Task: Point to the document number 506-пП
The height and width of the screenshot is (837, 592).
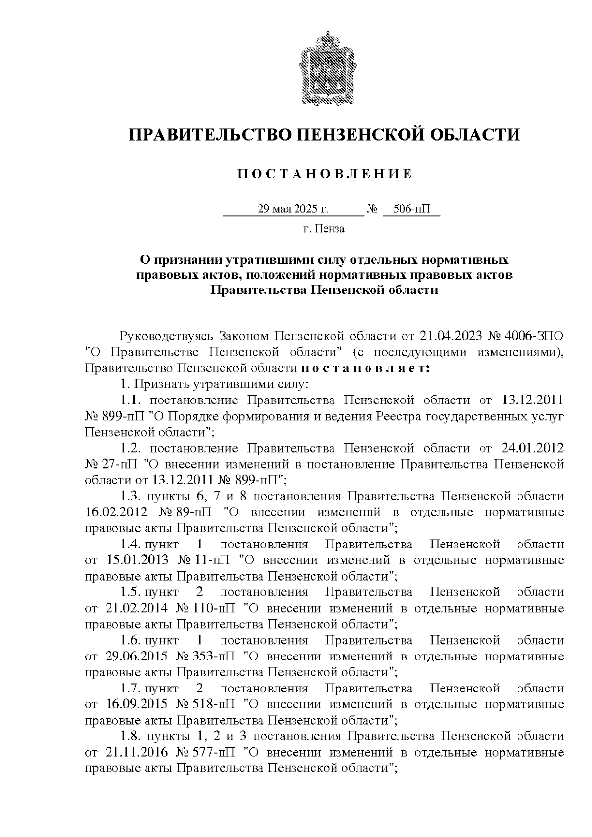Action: [411, 209]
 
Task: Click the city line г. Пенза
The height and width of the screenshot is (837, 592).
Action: [324, 229]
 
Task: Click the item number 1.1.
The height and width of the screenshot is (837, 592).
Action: [131, 400]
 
